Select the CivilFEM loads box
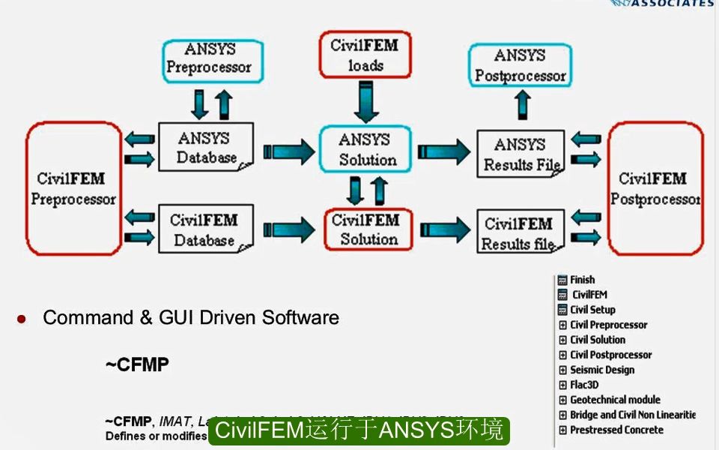(365, 55)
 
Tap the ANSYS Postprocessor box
(521, 65)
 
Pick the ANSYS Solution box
(366, 149)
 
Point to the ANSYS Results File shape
(521, 154)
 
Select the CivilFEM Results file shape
(520, 233)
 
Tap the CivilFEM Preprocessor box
(73, 189)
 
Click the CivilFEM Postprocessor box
(655, 189)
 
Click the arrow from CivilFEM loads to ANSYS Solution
(365, 100)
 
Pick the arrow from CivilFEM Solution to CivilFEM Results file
(446, 229)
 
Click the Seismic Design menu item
(601, 370)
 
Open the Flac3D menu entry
(584, 385)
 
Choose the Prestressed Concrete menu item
(616, 430)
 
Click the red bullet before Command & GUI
(22, 319)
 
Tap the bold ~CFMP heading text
(137, 365)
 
